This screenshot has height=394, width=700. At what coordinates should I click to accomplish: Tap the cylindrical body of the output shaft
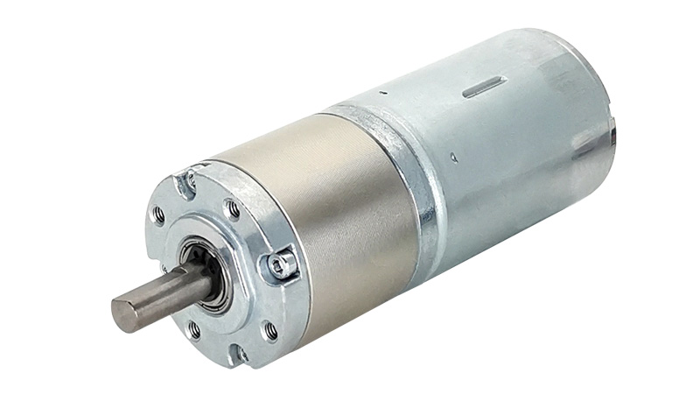coord(162,293)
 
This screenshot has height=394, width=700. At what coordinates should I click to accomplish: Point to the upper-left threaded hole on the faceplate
coord(158,213)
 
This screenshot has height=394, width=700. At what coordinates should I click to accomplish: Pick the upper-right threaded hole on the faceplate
coord(232,208)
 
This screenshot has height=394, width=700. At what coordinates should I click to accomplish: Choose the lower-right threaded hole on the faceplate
coord(270,330)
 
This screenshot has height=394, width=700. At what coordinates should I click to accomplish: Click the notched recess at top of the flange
coord(185,182)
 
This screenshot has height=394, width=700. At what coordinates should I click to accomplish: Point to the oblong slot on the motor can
coord(484,86)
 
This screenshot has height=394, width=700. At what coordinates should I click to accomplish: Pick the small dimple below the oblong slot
coord(452,158)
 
